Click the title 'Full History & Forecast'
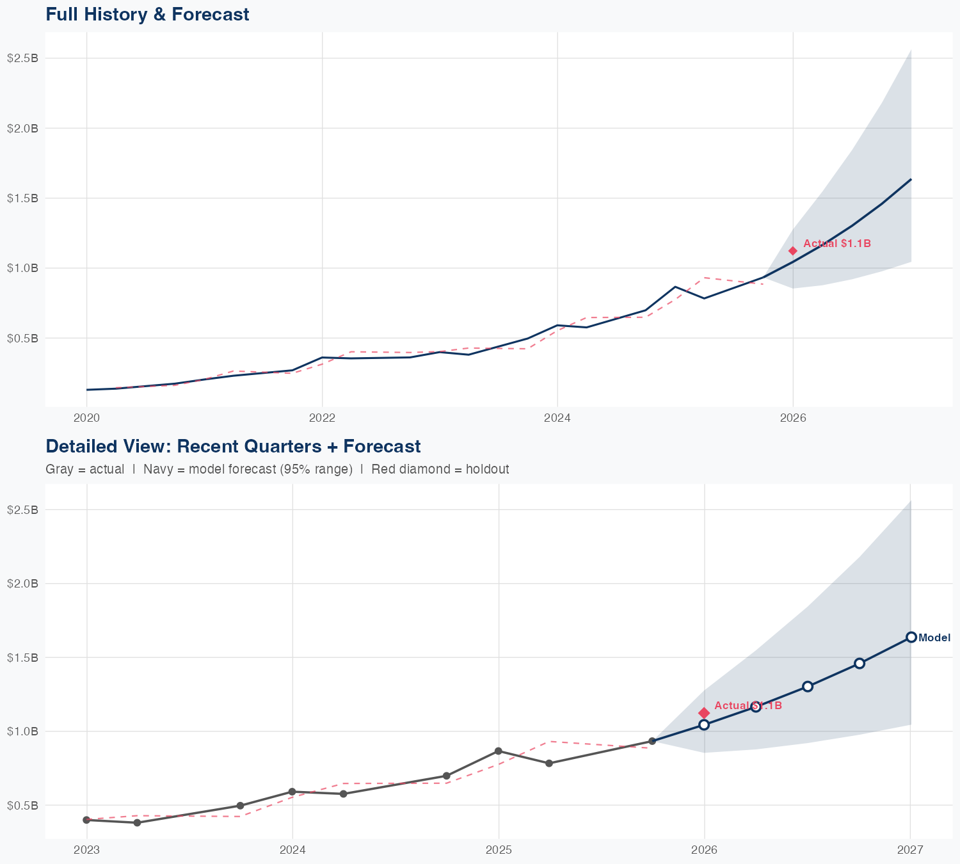(x=147, y=15)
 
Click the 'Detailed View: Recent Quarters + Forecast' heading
(x=233, y=446)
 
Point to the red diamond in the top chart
(x=792, y=251)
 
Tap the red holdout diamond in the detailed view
(x=704, y=713)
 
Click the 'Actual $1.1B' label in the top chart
(x=836, y=244)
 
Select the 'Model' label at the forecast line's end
(x=934, y=637)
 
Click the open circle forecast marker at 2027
(x=911, y=637)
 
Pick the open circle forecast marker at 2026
(x=704, y=724)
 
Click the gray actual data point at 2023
(x=86, y=820)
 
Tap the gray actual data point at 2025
(x=499, y=751)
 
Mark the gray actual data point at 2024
(x=292, y=792)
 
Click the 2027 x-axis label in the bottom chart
(x=910, y=850)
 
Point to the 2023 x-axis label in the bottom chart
(x=86, y=850)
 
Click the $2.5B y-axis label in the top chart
(x=22, y=58)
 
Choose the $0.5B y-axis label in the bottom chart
(x=22, y=805)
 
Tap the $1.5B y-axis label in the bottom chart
(x=22, y=657)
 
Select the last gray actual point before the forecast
(x=652, y=741)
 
